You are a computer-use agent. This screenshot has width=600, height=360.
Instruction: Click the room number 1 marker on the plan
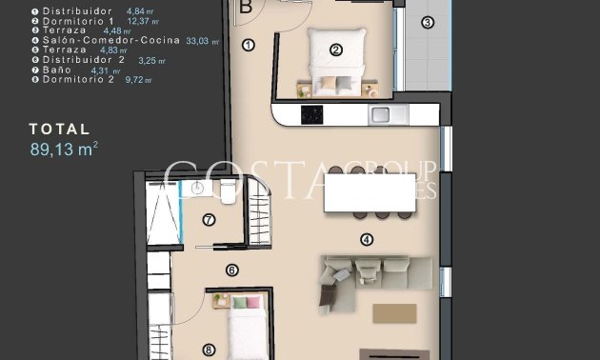point(250,44)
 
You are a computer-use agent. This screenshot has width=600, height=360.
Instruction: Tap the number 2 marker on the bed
point(335,50)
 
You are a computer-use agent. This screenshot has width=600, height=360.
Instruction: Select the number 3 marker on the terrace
point(427,22)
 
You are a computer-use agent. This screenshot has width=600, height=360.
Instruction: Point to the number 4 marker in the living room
point(367,239)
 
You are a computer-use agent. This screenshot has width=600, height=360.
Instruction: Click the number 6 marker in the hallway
point(231,270)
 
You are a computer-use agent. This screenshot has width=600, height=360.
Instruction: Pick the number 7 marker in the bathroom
point(209,220)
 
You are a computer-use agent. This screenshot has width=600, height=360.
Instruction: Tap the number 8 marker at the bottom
point(209,350)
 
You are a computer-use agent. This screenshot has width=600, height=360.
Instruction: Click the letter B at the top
point(246,6)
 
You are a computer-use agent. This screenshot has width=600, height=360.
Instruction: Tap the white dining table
point(370,192)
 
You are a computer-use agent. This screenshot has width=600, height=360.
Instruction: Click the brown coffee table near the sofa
point(394,313)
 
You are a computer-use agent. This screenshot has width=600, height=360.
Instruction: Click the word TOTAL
point(60,129)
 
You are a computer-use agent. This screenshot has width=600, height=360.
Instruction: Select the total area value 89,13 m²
point(65,148)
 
